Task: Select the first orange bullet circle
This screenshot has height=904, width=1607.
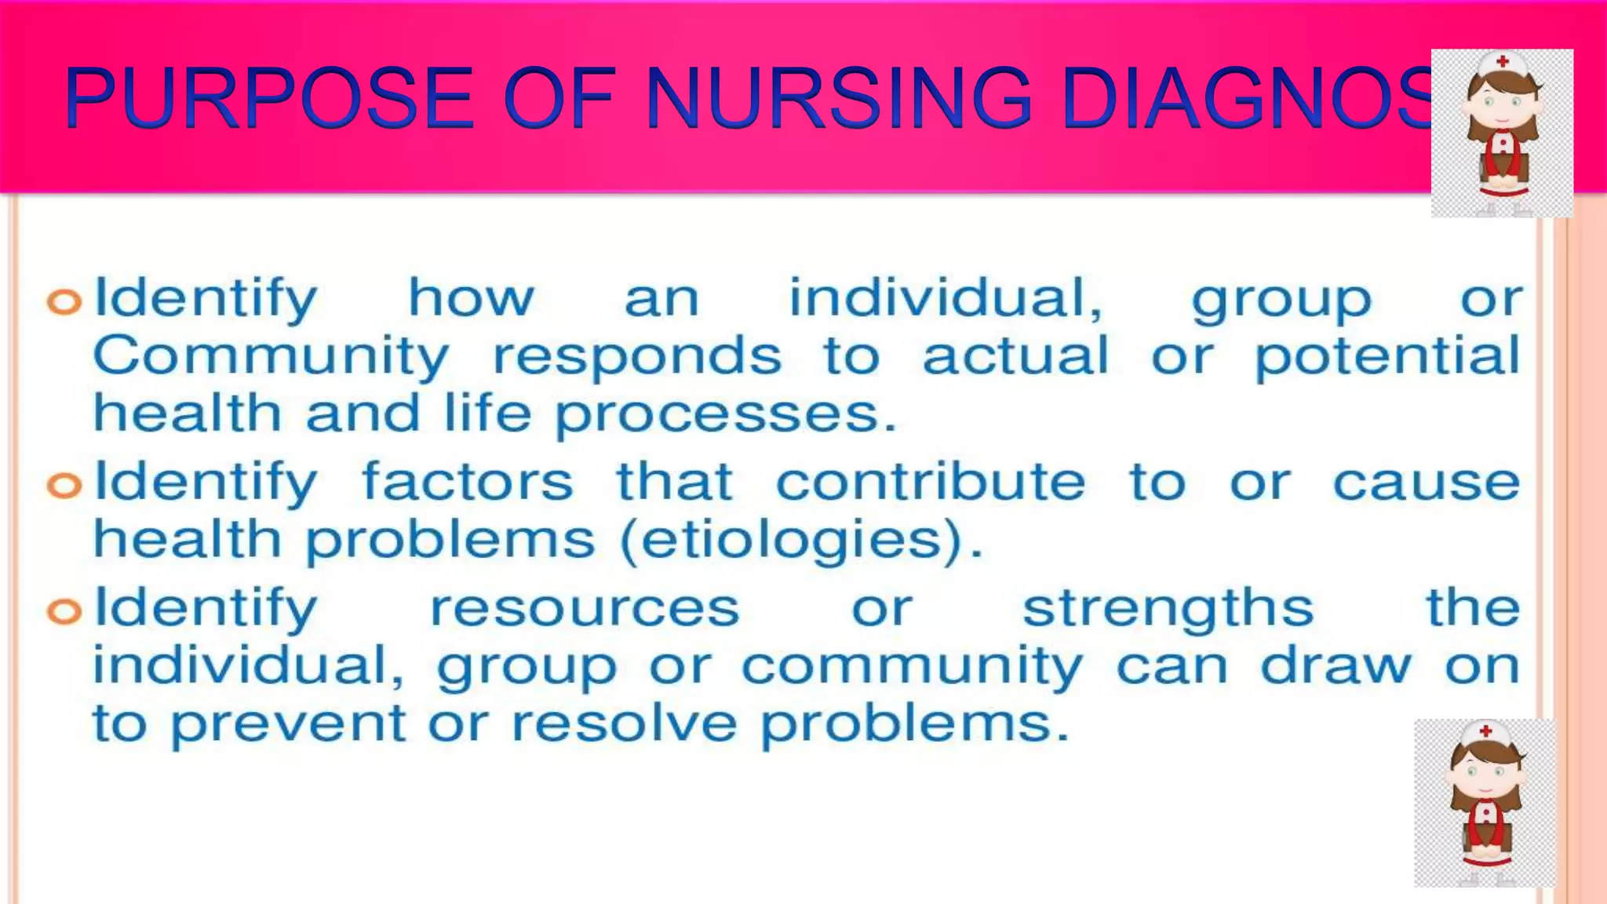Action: [64, 301]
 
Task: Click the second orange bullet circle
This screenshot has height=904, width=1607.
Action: [64, 485]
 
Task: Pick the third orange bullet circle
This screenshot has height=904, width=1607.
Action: [64, 611]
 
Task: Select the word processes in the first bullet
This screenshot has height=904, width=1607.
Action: [725, 415]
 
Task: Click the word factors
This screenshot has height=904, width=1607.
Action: [468, 482]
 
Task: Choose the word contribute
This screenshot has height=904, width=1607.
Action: [931, 482]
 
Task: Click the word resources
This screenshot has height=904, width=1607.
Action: [585, 608]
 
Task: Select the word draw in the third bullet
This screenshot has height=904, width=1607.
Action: [1336, 666]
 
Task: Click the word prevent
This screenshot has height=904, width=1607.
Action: [289, 724]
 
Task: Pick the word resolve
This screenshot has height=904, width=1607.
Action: [625, 723]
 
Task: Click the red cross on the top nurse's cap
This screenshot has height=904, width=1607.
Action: [1503, 61]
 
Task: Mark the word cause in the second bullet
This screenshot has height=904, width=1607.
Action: [1427, 482]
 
